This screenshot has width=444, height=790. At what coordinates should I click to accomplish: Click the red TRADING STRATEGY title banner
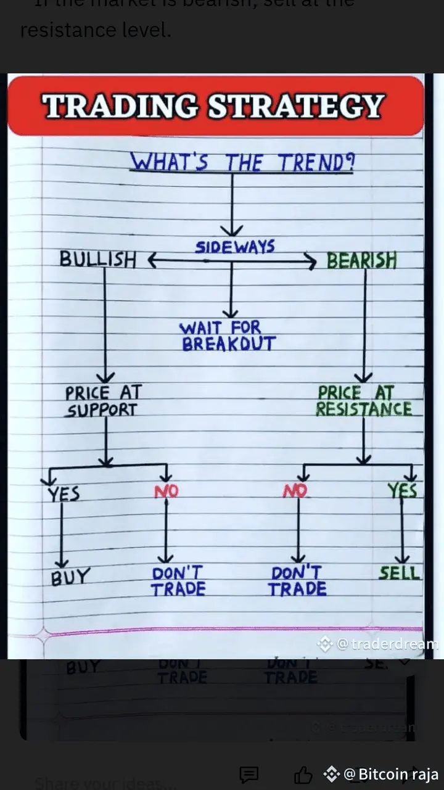click(215, 105)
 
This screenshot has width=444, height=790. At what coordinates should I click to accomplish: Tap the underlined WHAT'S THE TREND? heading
click(242, 163)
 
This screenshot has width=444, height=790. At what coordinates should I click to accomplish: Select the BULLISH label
click(97, 260)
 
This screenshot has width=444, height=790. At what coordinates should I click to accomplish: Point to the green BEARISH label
click(361, 261)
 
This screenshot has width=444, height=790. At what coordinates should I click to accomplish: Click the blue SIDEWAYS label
click(234, 248)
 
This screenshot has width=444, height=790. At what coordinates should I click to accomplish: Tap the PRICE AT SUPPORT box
click(103, 401)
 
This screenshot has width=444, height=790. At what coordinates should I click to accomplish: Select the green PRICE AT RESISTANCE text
click(364, 401)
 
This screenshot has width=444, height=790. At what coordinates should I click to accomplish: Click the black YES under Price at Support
click(64, 494)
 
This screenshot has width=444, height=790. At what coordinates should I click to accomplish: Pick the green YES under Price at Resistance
click(402, 491)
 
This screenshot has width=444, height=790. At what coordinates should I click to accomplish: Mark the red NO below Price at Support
click(166, 492)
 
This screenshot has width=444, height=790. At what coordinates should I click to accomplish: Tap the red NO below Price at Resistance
click(295, 492)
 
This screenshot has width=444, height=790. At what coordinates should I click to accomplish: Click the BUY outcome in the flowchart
click(70, 577)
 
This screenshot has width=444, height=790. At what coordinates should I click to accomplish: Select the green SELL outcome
click(399, 573)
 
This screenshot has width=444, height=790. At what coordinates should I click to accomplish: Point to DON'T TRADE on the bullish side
click(178, 581)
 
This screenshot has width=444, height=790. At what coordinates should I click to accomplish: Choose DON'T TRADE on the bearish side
click(297, 581)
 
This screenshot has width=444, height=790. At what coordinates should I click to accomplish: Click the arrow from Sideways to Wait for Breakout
click(231, 290)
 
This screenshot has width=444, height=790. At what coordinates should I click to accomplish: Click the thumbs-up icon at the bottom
click(302, 775)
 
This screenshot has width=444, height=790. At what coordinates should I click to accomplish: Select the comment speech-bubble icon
click(249, 775)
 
